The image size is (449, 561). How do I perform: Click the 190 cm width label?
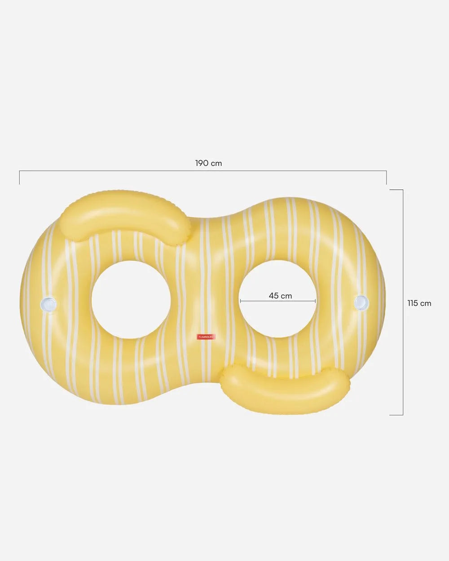208,163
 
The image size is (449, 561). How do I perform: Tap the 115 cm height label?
419,303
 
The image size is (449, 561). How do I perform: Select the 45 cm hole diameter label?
280,296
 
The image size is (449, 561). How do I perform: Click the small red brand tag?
207,336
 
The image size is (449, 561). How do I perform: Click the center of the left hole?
131,299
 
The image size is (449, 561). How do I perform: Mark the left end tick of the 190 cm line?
19,177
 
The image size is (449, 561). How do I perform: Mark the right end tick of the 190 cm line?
387,177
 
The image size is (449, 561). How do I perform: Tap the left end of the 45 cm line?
241,301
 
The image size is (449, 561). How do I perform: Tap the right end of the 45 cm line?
316,301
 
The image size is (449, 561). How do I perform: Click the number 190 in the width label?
202,163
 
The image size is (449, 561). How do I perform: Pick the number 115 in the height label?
413,303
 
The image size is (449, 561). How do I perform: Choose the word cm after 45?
286,296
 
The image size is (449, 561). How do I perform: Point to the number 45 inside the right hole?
274,296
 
